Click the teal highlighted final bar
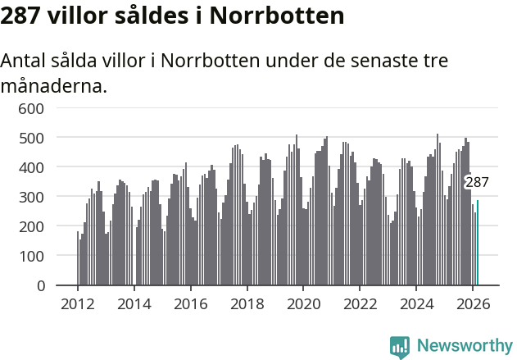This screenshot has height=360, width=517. click(x=478, y=244)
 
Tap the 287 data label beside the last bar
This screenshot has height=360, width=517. click(x=477, y=182)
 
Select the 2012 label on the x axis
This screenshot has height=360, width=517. click(x=78, y=303)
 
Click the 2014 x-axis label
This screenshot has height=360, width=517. click(x=134, y=303)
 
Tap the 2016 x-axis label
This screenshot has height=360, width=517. click(x=191, y=303)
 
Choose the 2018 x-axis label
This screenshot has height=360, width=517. click(x=247, y=303)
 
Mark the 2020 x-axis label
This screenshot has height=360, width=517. click(x=303, y=303)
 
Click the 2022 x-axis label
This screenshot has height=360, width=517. click(x=360, y=303)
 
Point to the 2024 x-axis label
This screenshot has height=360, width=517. click(x=416, y=303)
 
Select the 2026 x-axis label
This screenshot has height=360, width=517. click(x=473, y=303)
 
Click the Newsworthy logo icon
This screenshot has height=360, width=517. click(x=400, y=347)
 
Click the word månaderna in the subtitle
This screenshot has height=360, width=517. click(x=54, y=85)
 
